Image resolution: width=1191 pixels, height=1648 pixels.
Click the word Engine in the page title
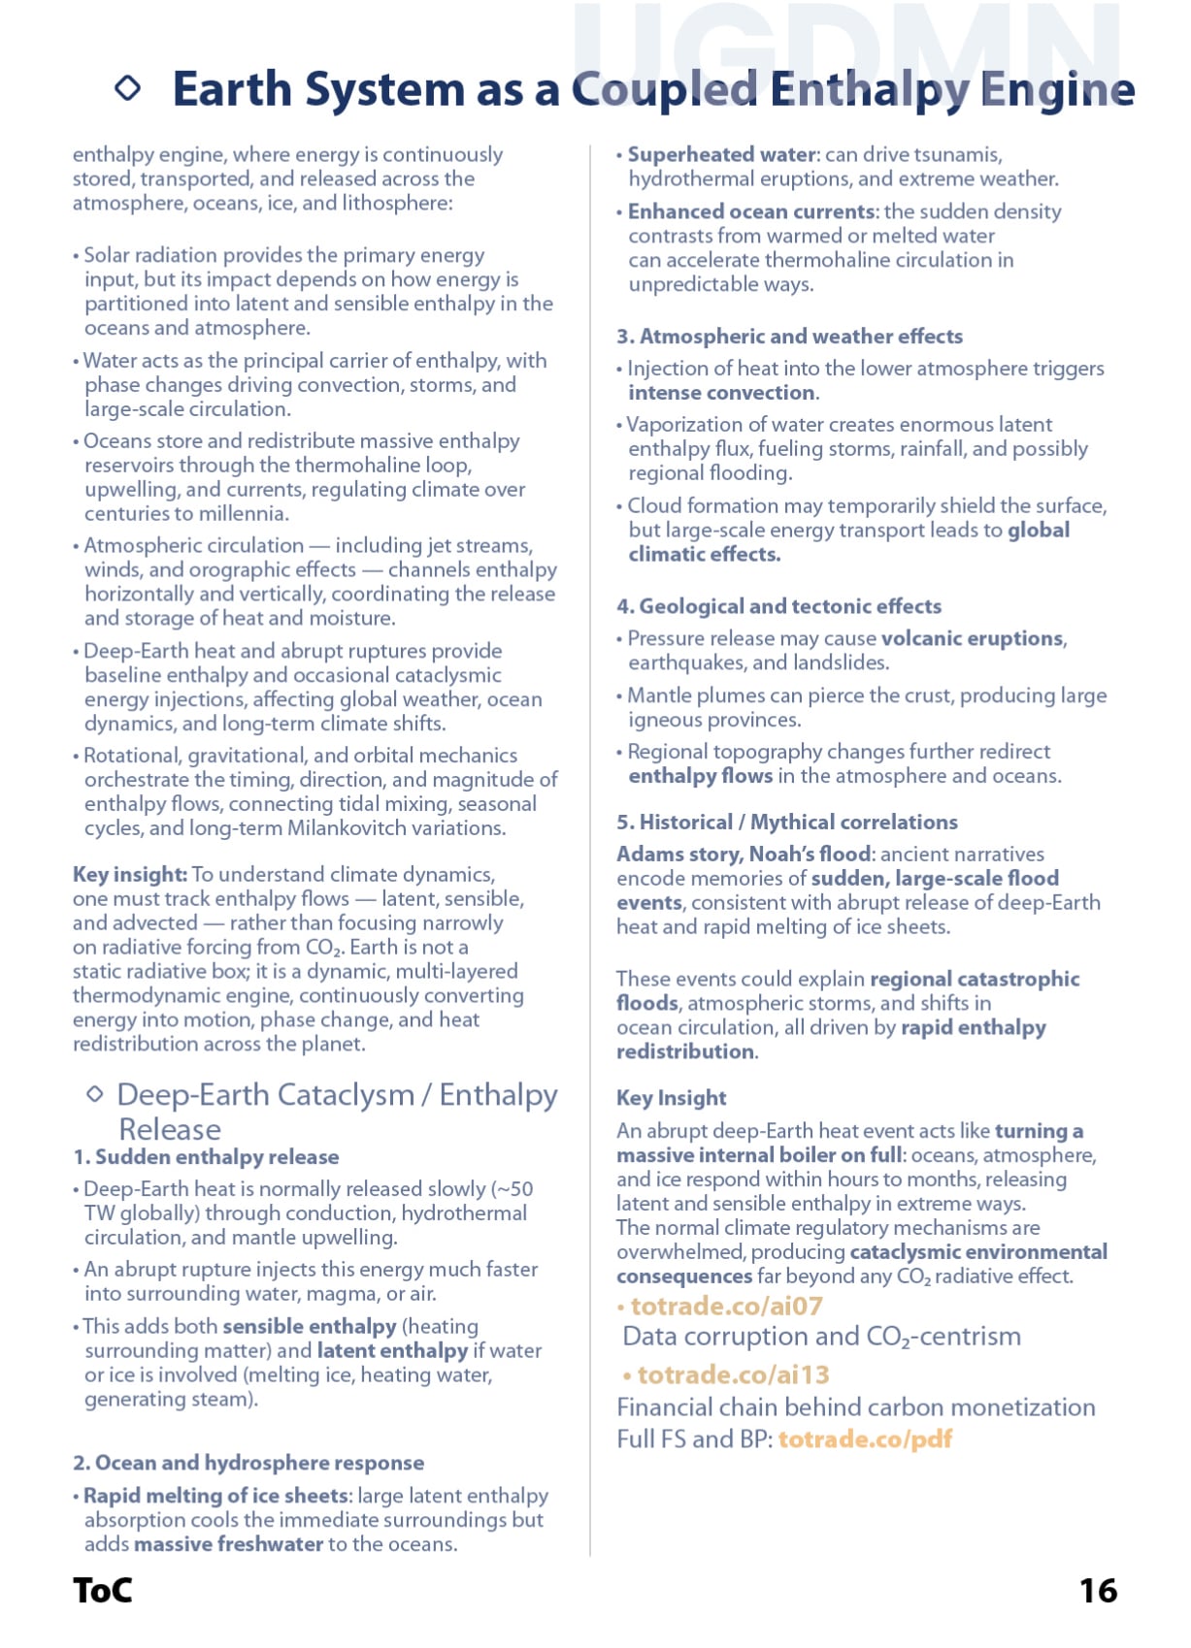pyautogui.click(x=1057, y=90)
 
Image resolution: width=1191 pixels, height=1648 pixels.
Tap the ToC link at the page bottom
pyautogui.click(x=102, y=1590)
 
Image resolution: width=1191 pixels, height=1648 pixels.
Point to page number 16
pyautogui.click(x=1098, y=1590)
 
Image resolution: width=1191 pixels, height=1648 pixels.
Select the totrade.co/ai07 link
pyautogui.click(x=726, y=1306)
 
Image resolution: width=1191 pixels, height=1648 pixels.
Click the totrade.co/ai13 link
pyautogui.click(x=733, y=1374)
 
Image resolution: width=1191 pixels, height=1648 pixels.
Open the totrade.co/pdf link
pyautogui.click(x=865, y=1438)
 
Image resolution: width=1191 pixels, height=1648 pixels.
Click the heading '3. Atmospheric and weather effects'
pyautogui.click(x=789, y=337)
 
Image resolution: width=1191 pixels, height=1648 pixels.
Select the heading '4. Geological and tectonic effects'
pyautogui.click(x=778, y=606)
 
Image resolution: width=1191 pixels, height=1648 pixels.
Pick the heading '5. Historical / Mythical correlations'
pyautogui.click(x=786, y=823)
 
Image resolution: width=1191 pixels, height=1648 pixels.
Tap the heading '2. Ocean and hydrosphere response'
pyautogui.click(x=248, y=1463)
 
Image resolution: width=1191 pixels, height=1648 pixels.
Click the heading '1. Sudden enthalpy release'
pyautogui.click(x=206, y=1157)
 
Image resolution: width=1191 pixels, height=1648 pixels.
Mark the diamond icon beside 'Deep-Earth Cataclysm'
pyautogui.click(x=95, y=1094)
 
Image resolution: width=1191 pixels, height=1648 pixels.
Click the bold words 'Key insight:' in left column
pyautogui.click(x=130, y=875)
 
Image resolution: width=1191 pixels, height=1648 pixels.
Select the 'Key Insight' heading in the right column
pyautogui.click(x=671, y=1098)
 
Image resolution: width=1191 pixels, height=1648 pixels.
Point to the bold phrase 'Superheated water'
pyautogui.click(x=721, y=155)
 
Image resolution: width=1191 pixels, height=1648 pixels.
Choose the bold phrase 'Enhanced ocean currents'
pyautogui.click(x=751, y=211)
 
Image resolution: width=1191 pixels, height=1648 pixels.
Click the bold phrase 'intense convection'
pyautogui.click(x=721, y=393)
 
